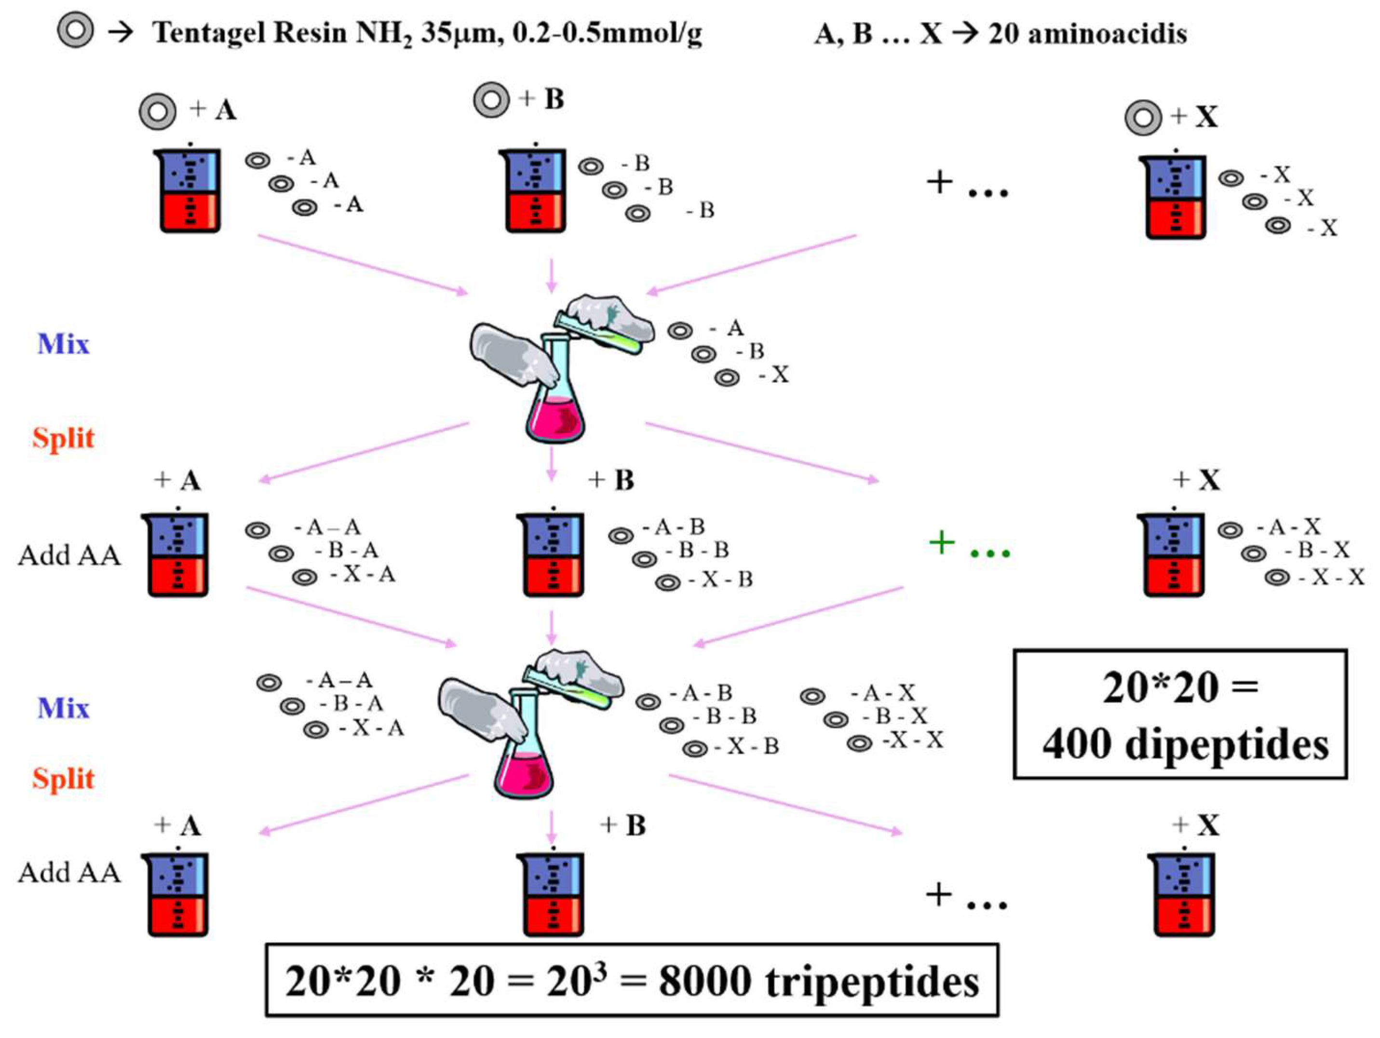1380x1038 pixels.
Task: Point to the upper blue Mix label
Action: tap(63, 344)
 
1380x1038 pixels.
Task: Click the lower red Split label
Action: tap(63, 779)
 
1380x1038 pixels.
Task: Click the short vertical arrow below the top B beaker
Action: tap(550, 274)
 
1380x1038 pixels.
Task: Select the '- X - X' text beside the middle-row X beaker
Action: tap(1331, 578)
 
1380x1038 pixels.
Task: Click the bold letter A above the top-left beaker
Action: tap(226, 110)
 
